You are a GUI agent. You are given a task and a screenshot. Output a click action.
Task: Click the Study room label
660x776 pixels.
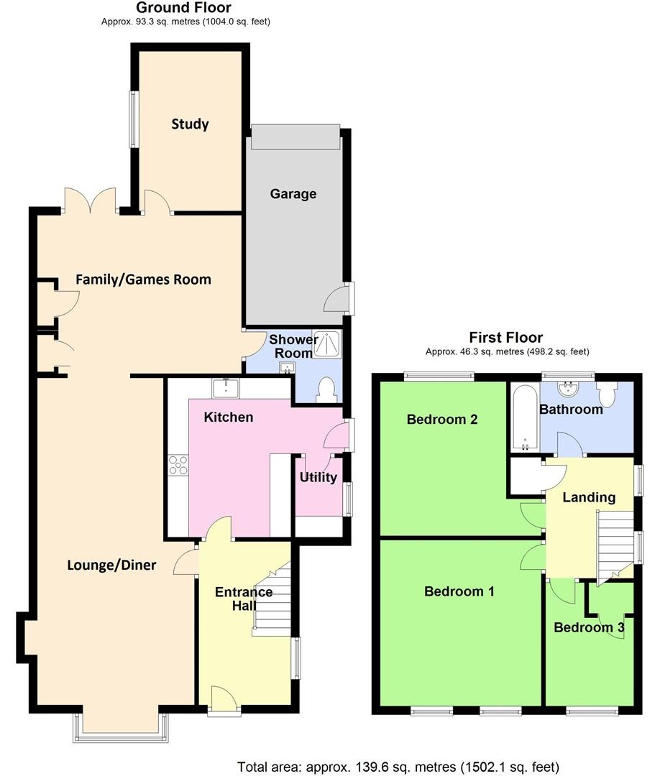coord(190,124)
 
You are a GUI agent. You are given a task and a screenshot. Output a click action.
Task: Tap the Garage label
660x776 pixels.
coord(293,194)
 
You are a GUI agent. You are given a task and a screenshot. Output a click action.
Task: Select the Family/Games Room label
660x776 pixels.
coord(144,279)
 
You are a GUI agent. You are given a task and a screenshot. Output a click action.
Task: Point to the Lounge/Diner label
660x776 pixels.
coord(111,565)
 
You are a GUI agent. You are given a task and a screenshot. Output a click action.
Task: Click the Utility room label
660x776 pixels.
coord(318,477)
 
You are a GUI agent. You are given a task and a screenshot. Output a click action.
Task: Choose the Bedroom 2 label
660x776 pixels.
coord(442,419)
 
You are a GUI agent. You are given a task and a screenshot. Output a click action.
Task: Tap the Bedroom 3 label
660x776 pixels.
coord(589,627)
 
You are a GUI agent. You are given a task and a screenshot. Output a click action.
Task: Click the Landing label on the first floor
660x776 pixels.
coord(589,496)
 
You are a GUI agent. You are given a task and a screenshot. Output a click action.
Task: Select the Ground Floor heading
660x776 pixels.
coord(184,8)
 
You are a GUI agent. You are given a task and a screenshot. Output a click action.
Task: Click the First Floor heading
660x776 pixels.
coord(506,337)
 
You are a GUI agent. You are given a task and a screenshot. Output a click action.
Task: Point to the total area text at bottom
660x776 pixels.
coord(398,767)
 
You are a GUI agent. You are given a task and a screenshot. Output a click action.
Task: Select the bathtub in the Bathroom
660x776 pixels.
coord(525,417)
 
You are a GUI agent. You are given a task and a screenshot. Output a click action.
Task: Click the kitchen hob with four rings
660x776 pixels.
coord(178,466)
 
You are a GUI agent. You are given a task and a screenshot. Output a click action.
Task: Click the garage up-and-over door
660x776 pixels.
coord(294,137)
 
